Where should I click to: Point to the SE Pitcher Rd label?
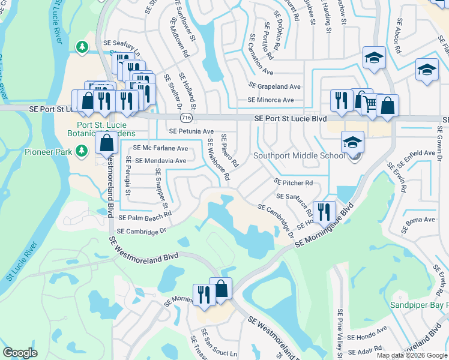click(x=294, y=182)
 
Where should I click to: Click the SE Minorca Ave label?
click(x=271, y=100)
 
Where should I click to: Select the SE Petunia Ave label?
click(x=191, y=131)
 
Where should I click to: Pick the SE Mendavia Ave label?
click(x=161, y=161)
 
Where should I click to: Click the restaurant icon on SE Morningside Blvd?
click(x=324, y=212)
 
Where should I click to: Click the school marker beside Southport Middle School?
click(x=353, y=142)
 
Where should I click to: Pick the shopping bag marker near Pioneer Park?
click(x=106, y=144)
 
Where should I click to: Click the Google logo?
click(x=20, y=353)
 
